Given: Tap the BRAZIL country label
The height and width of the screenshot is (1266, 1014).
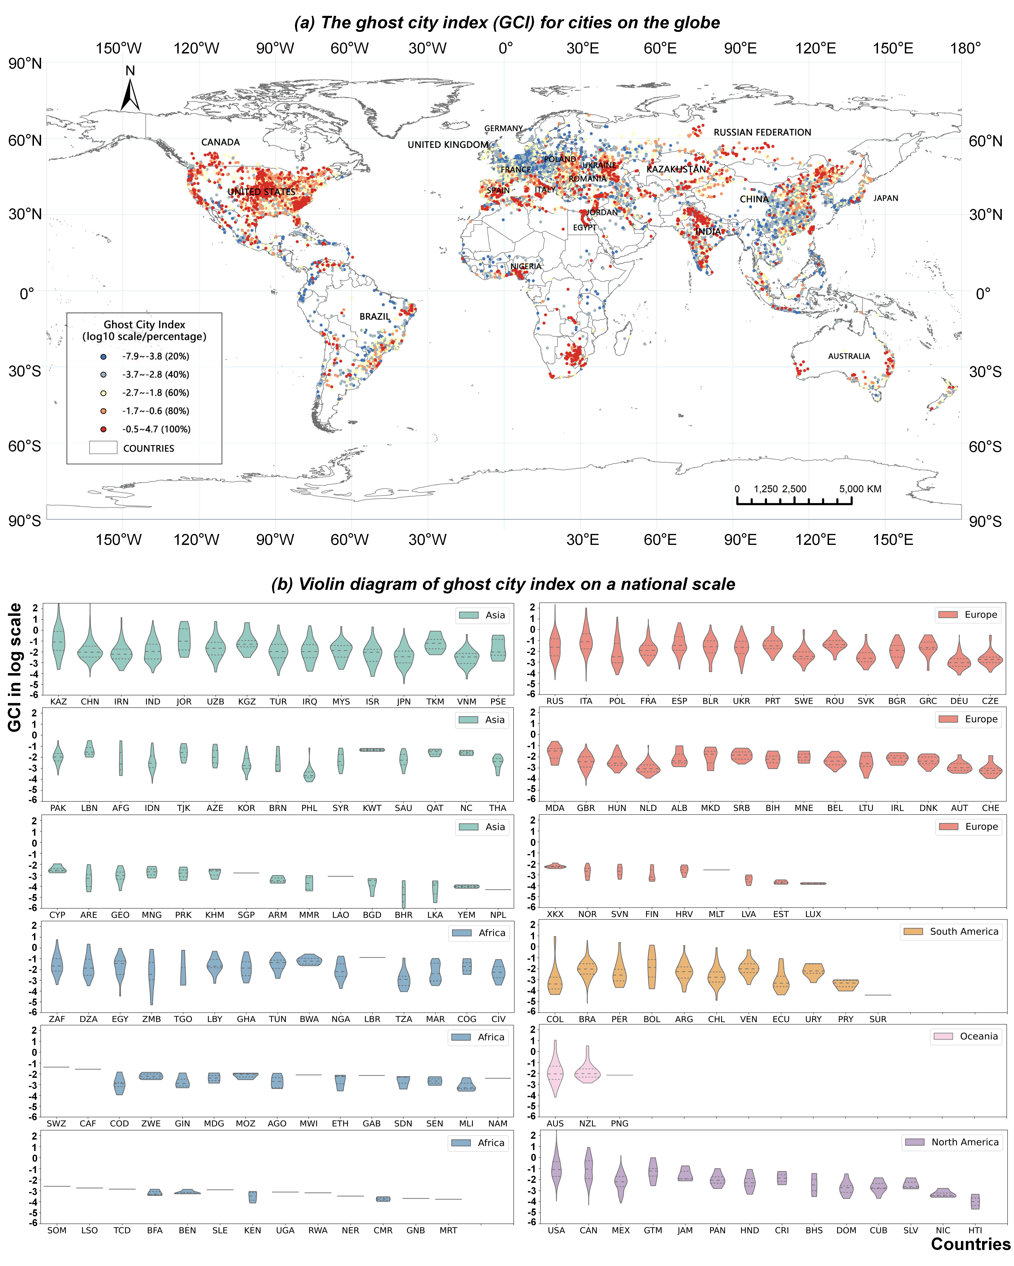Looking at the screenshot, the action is coord(375,316).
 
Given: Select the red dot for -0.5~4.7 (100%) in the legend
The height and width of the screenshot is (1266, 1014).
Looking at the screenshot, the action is coord(103,429).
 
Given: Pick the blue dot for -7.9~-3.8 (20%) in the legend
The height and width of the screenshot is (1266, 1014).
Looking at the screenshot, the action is coord(103,356).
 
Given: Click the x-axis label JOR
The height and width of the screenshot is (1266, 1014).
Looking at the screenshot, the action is coord(184,701).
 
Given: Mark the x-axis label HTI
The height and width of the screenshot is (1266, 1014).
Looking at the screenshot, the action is coord(975,1230).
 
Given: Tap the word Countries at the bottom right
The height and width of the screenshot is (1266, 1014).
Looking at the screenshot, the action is coord(970,1244).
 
